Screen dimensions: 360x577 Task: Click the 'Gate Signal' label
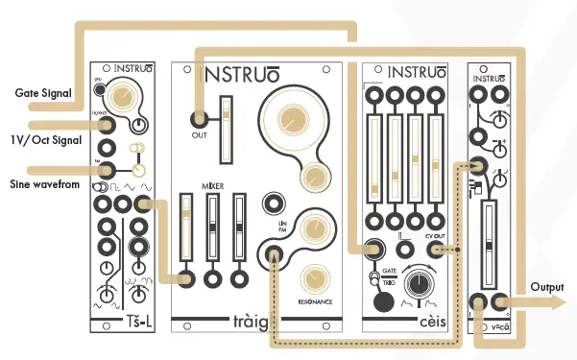[x=44, y=93]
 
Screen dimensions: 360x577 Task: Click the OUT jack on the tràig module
[x=199, y=120]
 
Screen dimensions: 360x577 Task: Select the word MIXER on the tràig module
[x=214, y=181]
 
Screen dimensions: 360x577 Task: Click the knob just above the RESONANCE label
[x=311, y=279]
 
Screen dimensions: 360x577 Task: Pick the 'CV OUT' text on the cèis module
[x=435, y=233]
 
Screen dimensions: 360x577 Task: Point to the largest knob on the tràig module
[x=290, y=120]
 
